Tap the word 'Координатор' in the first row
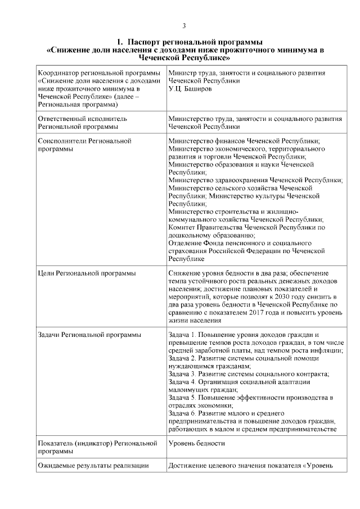pos(57,73)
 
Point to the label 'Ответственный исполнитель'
pos(82,119)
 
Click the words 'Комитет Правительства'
pos(203,227)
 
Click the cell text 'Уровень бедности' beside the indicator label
pos(196,443)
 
